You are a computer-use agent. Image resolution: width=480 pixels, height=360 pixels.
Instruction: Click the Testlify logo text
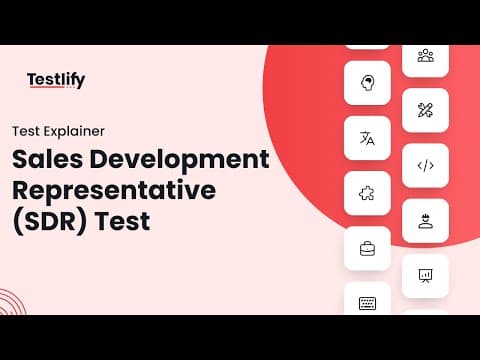pyautogui.click(x=56, y=80)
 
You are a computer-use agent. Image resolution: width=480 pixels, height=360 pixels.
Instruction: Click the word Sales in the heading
pyautogui.click(x=47, y=159)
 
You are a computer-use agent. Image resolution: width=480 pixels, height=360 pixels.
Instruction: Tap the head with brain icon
pyautogui.click(x=367, y=83)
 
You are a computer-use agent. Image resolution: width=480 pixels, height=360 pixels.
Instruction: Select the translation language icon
pyautogui.click(x=367, y=138)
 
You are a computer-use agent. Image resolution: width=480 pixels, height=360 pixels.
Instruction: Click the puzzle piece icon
pyautogui.click(x=367, y=193)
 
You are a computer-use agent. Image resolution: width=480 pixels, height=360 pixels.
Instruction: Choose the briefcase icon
pyautogui.click(x=367, y=249)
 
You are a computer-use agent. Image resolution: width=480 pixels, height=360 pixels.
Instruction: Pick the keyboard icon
pyautogui.click(x=367, y=303)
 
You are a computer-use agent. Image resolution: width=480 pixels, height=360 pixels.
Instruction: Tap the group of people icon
pyautogui.click(x=426, y=55)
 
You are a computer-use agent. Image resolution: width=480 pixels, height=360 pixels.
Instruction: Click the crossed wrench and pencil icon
pyautogui.click(x=425, y=110)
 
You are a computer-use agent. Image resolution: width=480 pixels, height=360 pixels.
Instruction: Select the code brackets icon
pyautogui.click(x=426, y=166)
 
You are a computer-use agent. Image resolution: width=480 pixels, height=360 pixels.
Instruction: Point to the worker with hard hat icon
pyautogui.click(x=426, y=221)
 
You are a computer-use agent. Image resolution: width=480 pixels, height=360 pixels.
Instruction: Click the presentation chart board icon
pyautogui.click(x=425, y=276)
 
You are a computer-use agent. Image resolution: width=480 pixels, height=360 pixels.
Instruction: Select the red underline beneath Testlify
pyautogui.click(x=47, y=87)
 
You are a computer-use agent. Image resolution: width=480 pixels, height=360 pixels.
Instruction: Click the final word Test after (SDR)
pyautogui.click(x=123, y=221)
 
